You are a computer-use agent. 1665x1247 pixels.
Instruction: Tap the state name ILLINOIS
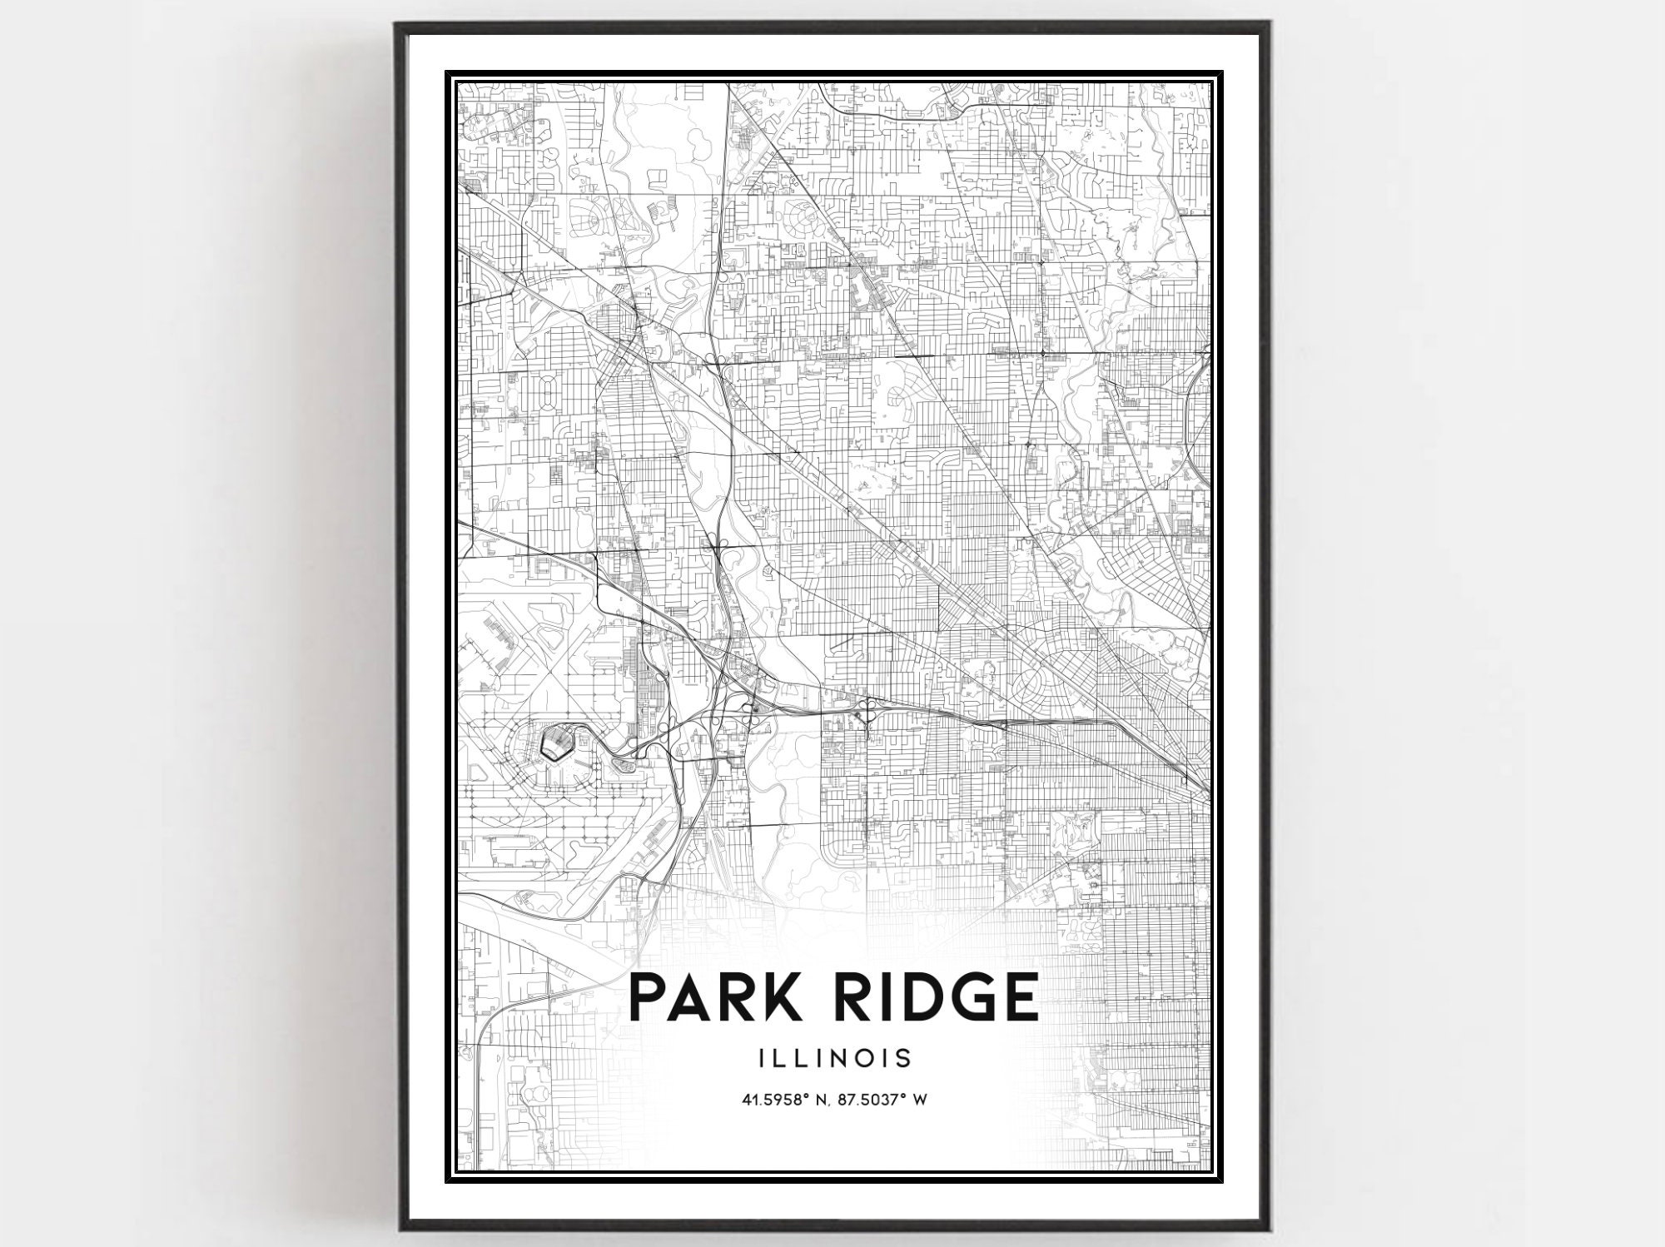tap(834, 1058)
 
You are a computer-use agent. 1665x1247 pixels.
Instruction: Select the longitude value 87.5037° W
tap(883, 1100)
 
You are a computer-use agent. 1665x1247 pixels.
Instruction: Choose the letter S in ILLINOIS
tap(904, 1058)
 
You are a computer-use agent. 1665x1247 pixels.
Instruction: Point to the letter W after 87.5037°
tap(921, 1100)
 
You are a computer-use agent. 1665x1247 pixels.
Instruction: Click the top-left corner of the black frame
tap(398, 22)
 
